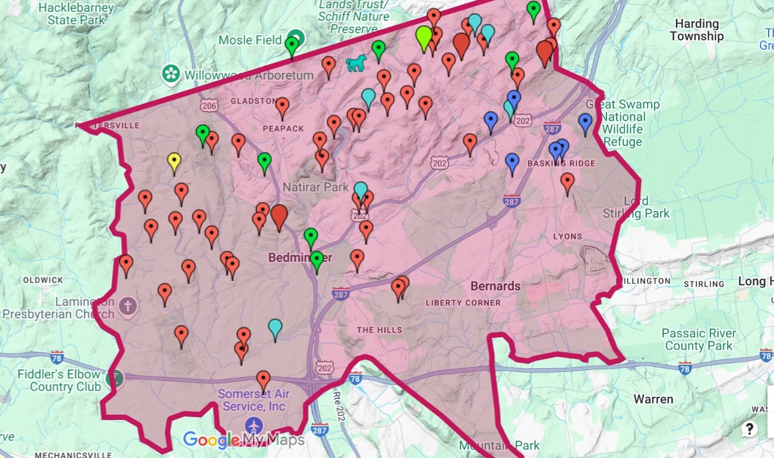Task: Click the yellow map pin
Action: (173, 162)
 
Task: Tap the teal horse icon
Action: (355, 63)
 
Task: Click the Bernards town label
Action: (495, 286)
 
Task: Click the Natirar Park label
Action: (315, 187)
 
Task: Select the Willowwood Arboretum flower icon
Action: (171, 74)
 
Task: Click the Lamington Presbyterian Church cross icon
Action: (126, 307)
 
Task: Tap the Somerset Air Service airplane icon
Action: (254, 425)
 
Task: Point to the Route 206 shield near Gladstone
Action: (208, 106)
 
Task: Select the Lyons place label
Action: (567, 236)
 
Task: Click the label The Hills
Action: (379, 330)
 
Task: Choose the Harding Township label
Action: (696, 30)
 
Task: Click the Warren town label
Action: (653, 399)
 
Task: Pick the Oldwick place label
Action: (43, 280)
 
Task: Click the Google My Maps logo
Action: (244, 440)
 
